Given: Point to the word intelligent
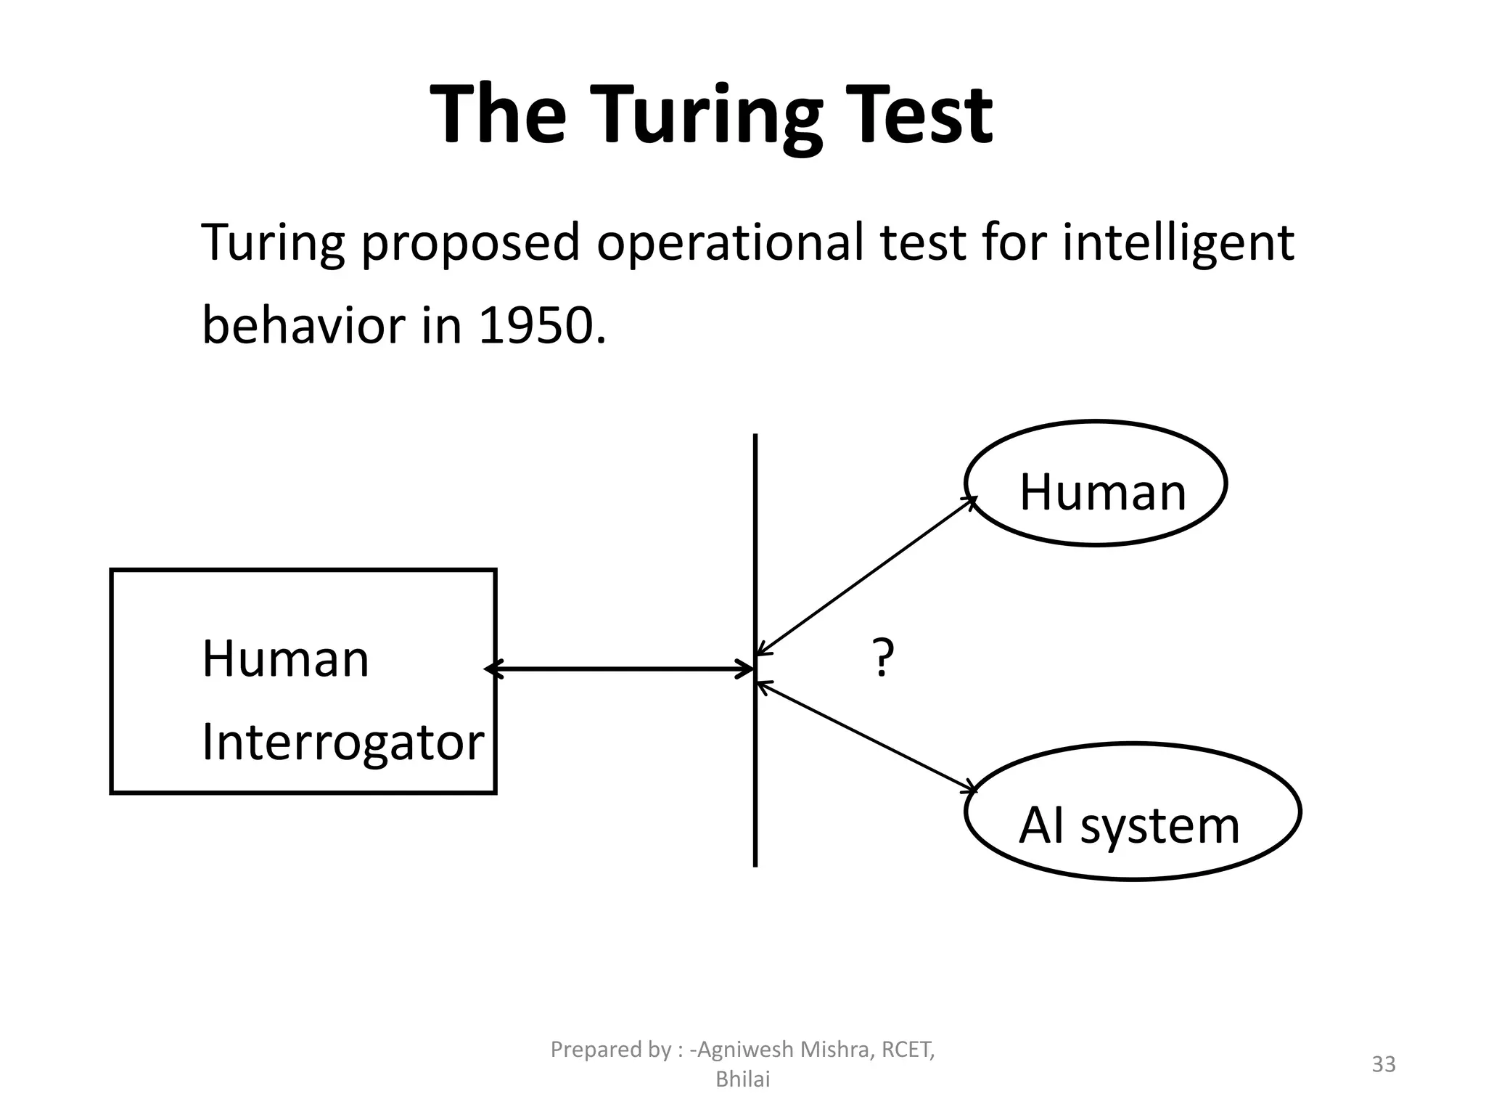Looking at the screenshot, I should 1178,243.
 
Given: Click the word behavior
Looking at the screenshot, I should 303,326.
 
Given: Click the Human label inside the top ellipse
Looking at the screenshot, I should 1102,492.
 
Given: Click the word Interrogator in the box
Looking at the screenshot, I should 342,743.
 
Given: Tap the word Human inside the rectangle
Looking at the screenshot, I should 285,659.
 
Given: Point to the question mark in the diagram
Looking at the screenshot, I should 882,658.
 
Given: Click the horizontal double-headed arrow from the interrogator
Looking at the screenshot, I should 620,669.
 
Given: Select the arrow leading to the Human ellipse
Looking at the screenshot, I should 866,576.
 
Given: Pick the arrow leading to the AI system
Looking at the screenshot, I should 866,735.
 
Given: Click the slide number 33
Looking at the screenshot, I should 1383,1064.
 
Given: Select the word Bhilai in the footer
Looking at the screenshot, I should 742,1079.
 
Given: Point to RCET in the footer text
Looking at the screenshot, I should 907,1049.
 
